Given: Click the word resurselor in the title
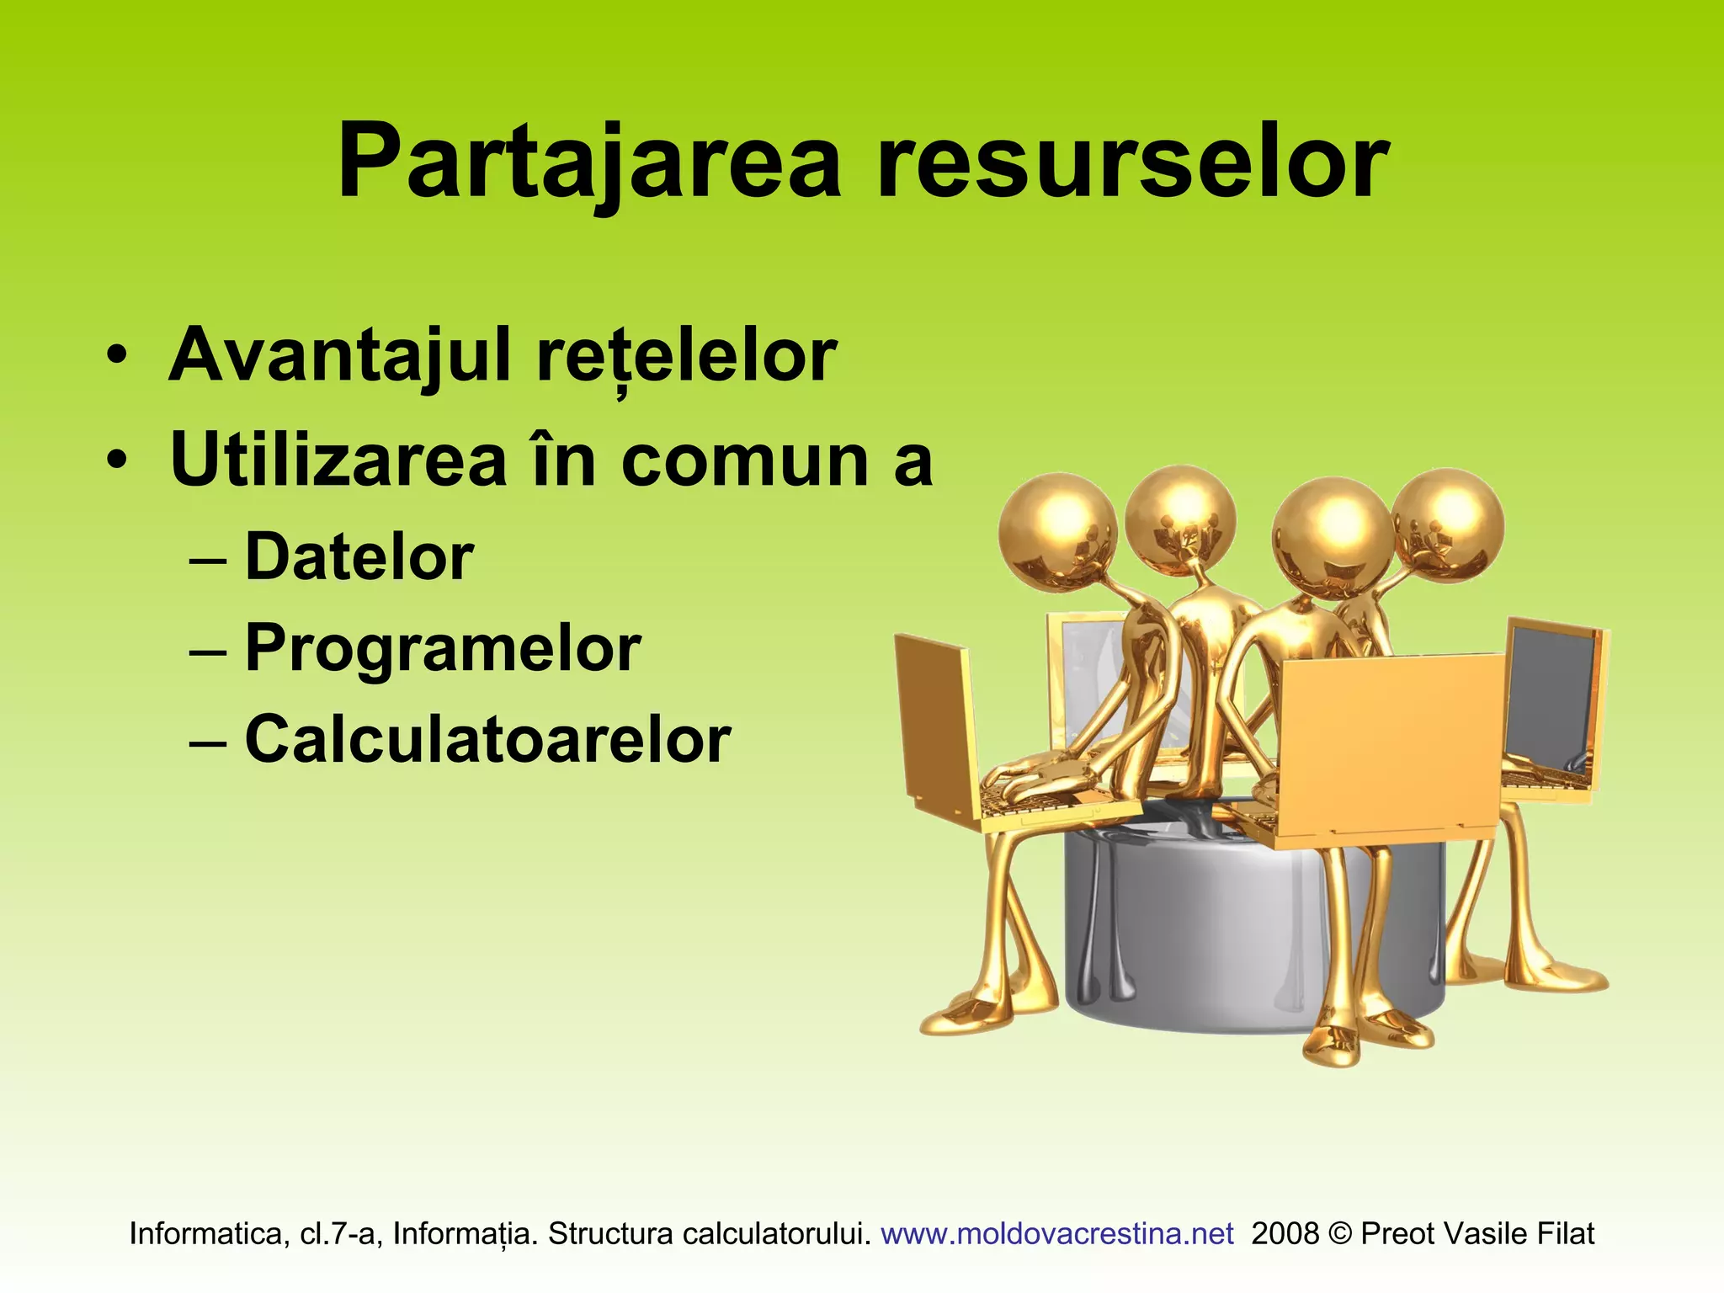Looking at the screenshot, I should pyautogui.click(x=1132, y=162).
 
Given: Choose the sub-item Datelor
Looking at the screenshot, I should pyautogui.click(x=359, y=557).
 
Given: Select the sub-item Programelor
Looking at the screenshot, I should pyautogui.click(x=443, y=649).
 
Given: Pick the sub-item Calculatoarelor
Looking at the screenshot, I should pyautogui.click(x=487, y=740).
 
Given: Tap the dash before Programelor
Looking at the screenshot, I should pyautogui.click(x=208, y=651).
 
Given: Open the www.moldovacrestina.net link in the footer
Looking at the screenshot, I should pyautogui.click(x=1056, y=1234).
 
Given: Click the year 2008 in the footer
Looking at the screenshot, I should pyautogui.click(x=1285, y=1234).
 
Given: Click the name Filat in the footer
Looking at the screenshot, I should pyautogui.click(x=1566, y=1234).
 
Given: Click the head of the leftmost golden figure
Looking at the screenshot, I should pyautogui.click(x=1057, y=534).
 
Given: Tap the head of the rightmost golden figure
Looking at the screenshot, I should pyautogui.click(x=1448, y=524).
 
